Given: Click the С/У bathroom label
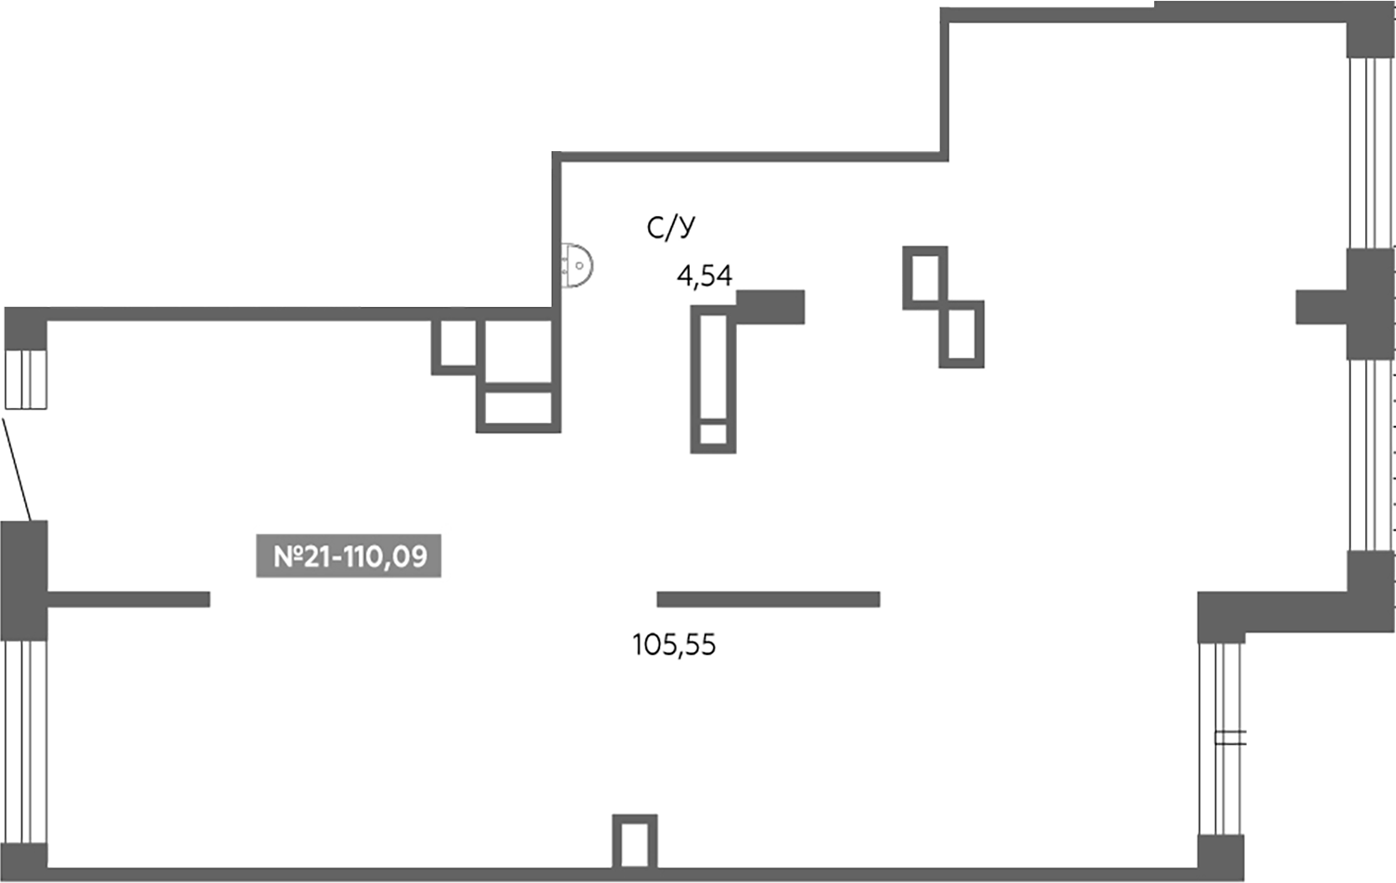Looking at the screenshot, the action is pos(670,227).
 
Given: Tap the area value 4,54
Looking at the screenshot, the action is pos(704,275).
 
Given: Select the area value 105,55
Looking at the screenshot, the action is pos(674,645).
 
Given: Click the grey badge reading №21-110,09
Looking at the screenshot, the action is pos(349,556).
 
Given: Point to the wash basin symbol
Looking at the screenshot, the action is pos(577,265).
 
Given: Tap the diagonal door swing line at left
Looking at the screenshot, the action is pos(16,469).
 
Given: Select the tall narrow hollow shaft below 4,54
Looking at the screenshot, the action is pos(713,379).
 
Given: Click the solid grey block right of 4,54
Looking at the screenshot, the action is pos(771,307).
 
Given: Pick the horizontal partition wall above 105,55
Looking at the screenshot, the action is pos(768,599).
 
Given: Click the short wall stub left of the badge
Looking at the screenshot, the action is pos(128,599).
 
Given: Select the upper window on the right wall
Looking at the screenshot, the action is pos(1370,153).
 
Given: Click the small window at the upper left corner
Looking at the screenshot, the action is pos(26,379).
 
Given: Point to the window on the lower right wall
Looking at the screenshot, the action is pos(1220,739).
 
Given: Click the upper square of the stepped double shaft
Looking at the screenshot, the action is pos(925,278).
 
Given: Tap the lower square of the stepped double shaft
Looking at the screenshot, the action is pos(961,334).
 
